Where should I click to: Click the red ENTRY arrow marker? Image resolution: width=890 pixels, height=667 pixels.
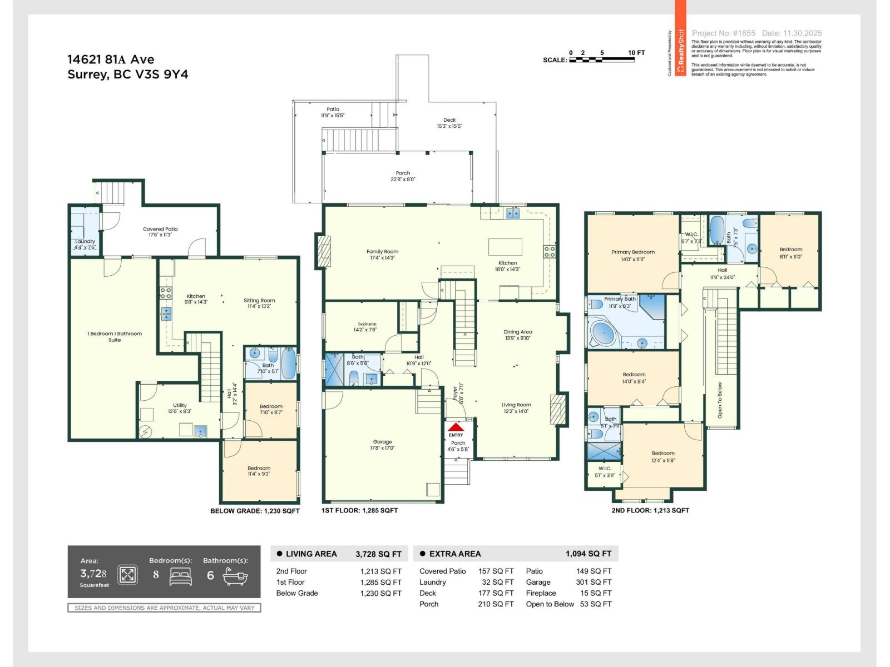(x=456, y=427)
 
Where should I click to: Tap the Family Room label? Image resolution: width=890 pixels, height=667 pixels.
(x=382, y=255)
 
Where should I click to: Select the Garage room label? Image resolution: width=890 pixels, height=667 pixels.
(x=382, y=445)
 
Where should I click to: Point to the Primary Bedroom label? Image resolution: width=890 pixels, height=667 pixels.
(x=632, y=255)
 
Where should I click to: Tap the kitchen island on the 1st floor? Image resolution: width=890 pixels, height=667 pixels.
(x=505, y=246)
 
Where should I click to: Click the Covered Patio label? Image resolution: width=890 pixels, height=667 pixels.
(x=160, y=231)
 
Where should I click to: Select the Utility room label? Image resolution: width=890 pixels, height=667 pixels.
(x=180, y=409)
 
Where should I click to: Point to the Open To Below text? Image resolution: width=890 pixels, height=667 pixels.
(x=720, y=400)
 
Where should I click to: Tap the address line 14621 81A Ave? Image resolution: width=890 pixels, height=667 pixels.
(x=111, y=59)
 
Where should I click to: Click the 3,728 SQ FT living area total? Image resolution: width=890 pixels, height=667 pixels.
(x=378, y=554)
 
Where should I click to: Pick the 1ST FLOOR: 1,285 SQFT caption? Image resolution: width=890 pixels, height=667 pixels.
(x=359, y=510)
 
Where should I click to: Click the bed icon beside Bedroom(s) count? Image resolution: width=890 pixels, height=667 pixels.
(x=180, y=576)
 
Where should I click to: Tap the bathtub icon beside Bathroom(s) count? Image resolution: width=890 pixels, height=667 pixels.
(x=235, y=576)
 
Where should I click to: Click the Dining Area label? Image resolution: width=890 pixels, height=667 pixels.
(x=518, y=335)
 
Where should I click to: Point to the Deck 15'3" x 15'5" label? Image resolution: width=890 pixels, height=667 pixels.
(x=449, y=123)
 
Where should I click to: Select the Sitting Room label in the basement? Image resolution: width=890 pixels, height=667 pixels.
(x=259, y=303)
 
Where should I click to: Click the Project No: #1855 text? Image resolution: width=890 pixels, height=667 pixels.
(x=723, y=33)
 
